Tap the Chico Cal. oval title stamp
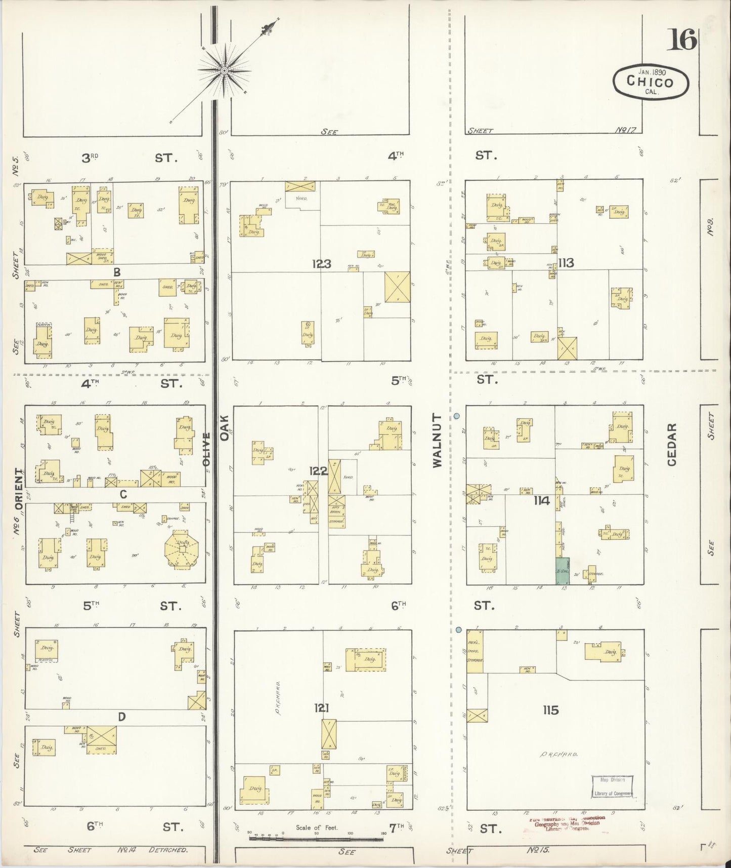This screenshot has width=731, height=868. pyautogui.click(x=651, y=81)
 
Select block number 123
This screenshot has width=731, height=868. pyautogui.click(x=321, y=263)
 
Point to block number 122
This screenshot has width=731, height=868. pyautogui.click(x=318, y=471)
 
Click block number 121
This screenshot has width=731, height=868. pyautogui.click(x=321, y=708)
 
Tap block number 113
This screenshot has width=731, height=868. pyautogui.click(x=566, y=262)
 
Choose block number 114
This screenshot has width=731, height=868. pyautogui.click(x=541, y=501)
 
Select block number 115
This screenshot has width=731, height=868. pyautogui.click(x=550, y=711)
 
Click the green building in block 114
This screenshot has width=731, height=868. pyautogui.click(x=563, y=569)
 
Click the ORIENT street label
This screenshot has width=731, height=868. pyautogui.click(x=18, y=487)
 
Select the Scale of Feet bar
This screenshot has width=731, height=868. pyautogui.click(x=316, y=839)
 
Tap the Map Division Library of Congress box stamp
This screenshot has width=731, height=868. pyautogui.click(x=612, y=786)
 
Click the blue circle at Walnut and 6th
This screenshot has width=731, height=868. pyautogui.click(x=458, y=630)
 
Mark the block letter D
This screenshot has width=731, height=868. pyautogui.click(x=122, y=717)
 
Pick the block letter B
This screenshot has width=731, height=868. pyautogui.click(x=117, y=272)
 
